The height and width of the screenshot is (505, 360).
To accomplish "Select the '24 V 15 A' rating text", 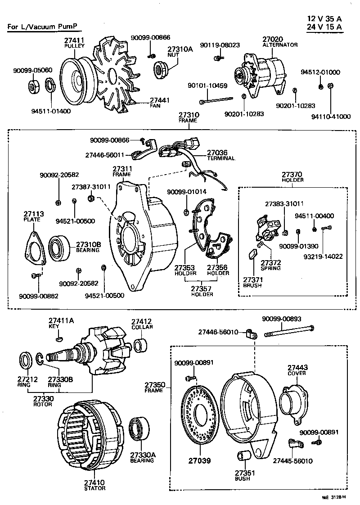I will [324, 27].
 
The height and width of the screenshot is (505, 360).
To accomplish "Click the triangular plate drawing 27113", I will [34, 248].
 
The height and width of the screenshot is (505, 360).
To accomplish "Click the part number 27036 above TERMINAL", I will [219, 153].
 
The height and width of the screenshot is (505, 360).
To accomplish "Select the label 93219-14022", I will [328, 257].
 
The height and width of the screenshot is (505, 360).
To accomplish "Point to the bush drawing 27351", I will [243, 457].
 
